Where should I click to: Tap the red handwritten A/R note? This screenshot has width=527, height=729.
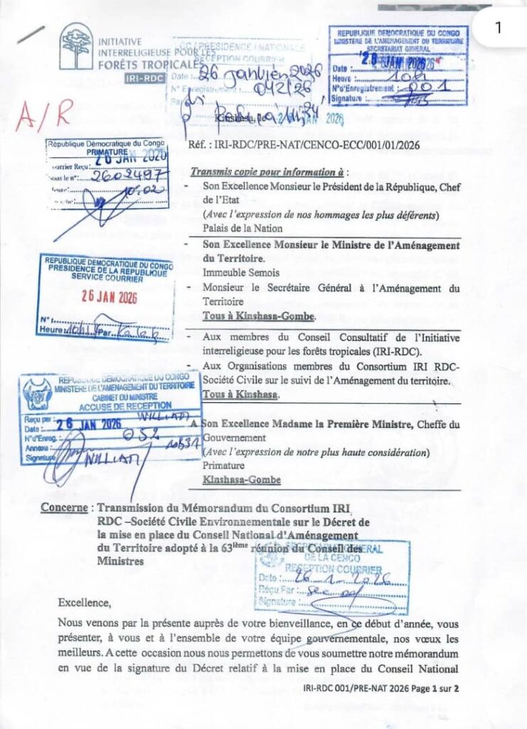click(x=45, y=115)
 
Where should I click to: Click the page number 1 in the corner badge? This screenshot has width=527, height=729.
click(x=498, y=28)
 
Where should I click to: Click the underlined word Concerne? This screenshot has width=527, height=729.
click(x=65, y=508)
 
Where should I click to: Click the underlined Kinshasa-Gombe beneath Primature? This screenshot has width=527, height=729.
click(x=241, y=480)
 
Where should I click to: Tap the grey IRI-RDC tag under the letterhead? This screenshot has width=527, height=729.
click(x=142, y=80)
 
